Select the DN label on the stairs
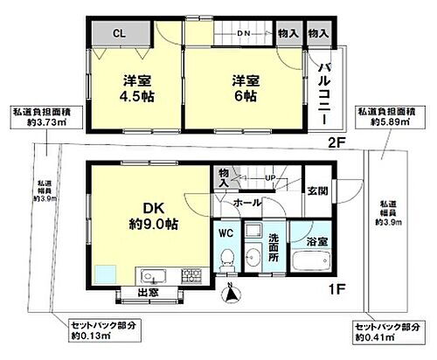click(x=245, y=34)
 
